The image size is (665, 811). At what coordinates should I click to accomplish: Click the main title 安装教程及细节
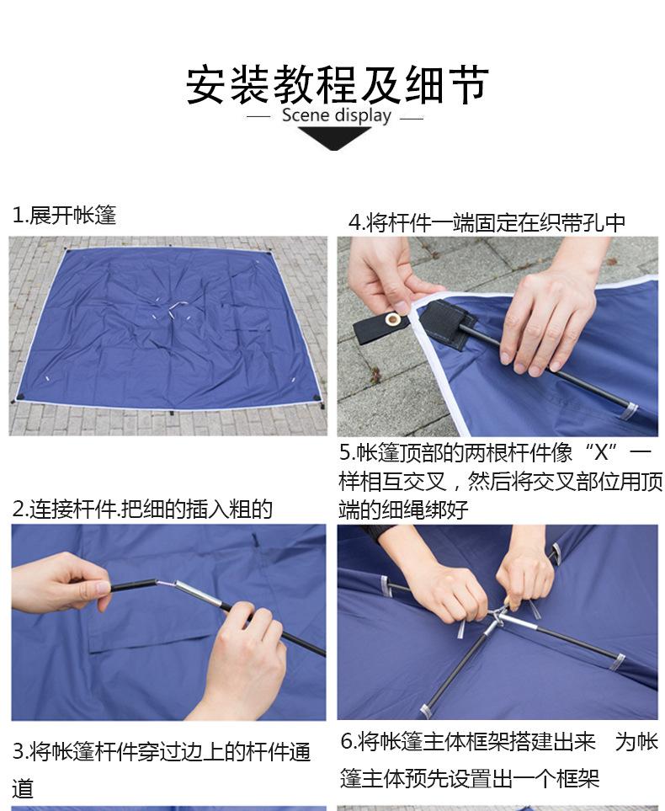tap(337, 85)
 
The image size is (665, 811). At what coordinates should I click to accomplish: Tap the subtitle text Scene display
tap(336, 115)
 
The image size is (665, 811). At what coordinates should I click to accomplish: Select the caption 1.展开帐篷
tap(64, 215)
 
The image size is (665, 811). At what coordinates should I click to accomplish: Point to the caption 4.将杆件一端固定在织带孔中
tap(487, 222)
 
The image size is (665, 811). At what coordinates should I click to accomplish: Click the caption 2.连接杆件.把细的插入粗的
tap(142, 510)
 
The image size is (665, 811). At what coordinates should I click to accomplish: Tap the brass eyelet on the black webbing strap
tap(394, 319)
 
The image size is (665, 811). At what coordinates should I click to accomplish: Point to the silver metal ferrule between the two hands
tap(199, 594)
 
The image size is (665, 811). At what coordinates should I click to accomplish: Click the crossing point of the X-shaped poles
tap(496, 617)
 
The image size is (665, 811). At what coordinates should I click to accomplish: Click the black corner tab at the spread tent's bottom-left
tap(20, 397)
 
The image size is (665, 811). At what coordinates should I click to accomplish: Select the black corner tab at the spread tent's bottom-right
tap(316, 397)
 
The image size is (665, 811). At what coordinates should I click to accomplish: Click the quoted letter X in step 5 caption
tap(601, 452)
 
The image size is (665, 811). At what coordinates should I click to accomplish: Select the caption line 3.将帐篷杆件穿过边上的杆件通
tap(162, 751)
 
